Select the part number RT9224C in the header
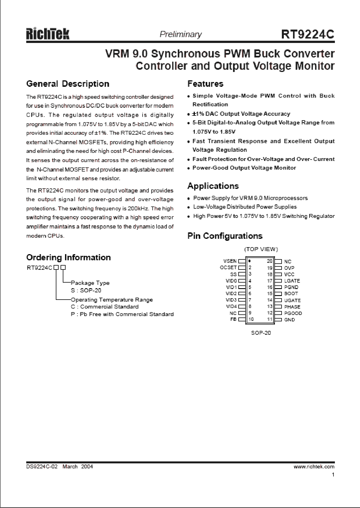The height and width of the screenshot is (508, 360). point(308,35)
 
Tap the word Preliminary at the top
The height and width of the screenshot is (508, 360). point(181,34)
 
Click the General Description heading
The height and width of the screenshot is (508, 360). point(68,84)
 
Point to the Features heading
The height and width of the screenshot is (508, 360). point(205,84)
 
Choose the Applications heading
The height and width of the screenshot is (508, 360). point(213,186)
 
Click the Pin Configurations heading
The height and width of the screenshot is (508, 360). point(225,236)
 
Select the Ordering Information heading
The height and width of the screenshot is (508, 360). point(68,257)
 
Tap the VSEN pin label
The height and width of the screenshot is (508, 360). point(230,261)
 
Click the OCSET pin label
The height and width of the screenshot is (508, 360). point(228,268)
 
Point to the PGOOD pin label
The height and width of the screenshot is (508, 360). point(293,313)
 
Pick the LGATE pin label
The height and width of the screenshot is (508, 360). point(292,281)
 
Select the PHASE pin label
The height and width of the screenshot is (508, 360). point(292,307)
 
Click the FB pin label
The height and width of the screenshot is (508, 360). point(233,319)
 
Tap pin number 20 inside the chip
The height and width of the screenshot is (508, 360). point(270,261)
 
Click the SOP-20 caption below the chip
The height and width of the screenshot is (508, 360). point(261,333)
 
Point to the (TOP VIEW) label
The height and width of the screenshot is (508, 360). point(261,249)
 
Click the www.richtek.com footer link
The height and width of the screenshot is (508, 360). point(314,466)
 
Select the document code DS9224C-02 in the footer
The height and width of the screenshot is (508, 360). point(42,466)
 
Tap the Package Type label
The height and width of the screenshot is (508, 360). point(90,283)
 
